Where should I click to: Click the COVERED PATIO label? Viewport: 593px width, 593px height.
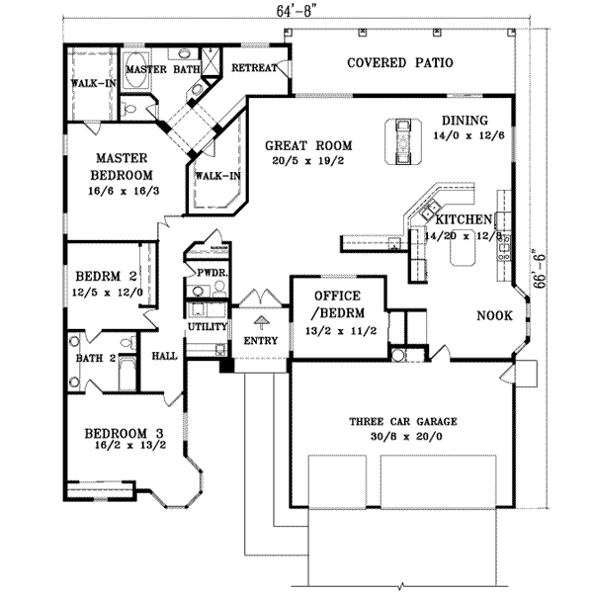point(400,63)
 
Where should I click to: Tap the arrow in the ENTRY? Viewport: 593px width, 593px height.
point(261,320)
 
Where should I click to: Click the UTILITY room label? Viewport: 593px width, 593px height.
point(208,326)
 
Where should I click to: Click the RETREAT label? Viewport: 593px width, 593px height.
point(253,68)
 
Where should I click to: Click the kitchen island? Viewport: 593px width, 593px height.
point(464,254)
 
